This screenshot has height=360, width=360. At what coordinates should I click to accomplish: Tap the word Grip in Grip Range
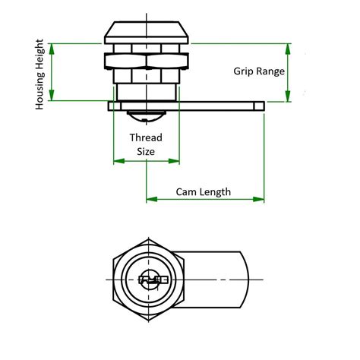pyautogui.click(x=245, y=71)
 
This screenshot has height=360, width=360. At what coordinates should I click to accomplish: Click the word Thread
pyautogui.click(x=146, y=137)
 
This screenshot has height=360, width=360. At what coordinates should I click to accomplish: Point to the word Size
pyautogui.click(x=146, y=151)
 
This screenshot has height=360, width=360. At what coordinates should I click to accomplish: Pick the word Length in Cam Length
pyautogui.click(x=216, y=192)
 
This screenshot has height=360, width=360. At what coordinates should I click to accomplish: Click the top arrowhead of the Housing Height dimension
pyautogui.click(x=52, y=48)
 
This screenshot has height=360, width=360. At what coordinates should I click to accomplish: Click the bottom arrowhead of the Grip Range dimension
pyautogui.click(x=287, y=96)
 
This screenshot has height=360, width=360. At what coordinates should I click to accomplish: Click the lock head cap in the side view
pyautogui.click(x=147, y=33)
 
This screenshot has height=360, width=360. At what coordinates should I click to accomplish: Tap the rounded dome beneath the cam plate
pyautogui.click(x=147, y=115)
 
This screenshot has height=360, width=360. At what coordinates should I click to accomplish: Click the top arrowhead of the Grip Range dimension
pyautogui.click(x=287, y=48)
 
